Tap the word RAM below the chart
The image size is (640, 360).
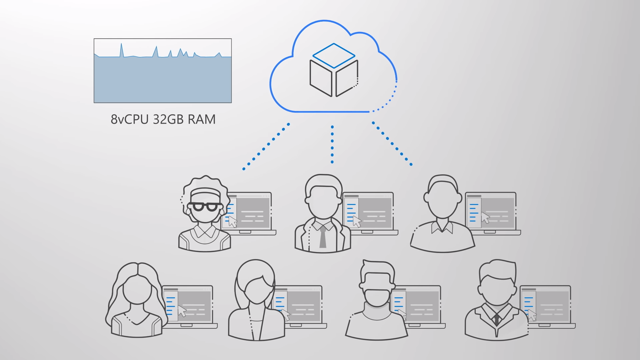[202, 119]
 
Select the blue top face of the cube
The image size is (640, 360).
[334, 55]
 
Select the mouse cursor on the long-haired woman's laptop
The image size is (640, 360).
[182, 311]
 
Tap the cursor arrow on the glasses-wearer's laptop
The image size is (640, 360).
[232, 221]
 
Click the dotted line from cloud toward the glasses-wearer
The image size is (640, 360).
[266, 147]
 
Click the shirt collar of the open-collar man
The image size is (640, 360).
[442, 228]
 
